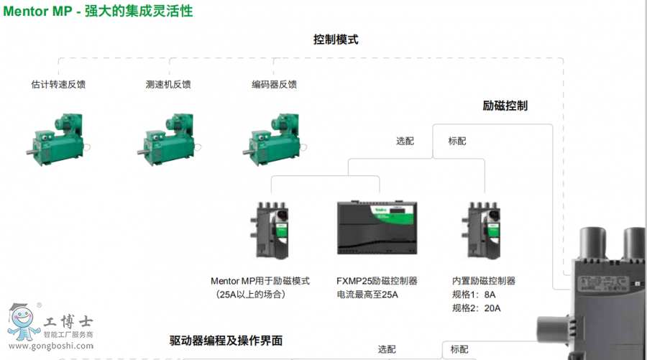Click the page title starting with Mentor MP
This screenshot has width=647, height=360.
[98, 11]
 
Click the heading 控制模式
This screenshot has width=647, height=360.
[336, 40]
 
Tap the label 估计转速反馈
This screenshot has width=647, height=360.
[58, 85]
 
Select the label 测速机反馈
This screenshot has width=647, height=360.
[168, 85]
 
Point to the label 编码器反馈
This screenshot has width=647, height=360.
[275, 85]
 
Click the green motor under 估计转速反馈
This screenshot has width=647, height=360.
[58, 139]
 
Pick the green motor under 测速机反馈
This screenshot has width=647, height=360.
[168, 139]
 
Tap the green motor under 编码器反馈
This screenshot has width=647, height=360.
[274, 139]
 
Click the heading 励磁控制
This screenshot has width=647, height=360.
[505, 106]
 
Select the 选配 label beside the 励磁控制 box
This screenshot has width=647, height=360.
[405, 141]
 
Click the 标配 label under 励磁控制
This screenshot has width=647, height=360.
[457, 141]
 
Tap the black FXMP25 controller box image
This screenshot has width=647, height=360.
[377, 228]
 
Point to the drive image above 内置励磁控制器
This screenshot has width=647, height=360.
[482, 230]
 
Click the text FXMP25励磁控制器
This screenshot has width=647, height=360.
[377, 281]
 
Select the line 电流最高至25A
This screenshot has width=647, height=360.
[367, 295]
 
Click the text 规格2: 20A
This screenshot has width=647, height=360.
[476, 308]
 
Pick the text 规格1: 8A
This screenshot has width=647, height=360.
[474, 295]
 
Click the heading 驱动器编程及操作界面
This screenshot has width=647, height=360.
[226, 341]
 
